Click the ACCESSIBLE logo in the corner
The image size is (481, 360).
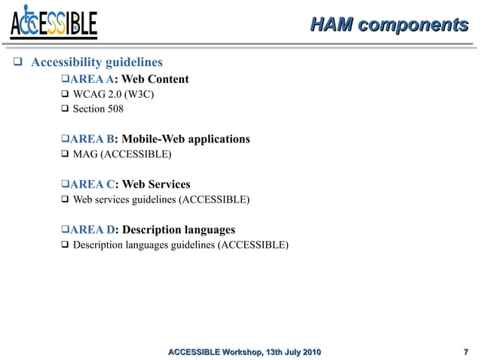[54, 23]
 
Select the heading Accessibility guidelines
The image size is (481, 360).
[97, 62]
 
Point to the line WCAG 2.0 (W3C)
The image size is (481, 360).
[114, 94]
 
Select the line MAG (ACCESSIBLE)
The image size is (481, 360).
[121, 154]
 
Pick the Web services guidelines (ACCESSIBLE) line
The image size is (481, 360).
[161, 200]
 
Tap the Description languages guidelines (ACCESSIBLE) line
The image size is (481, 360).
[180, 245]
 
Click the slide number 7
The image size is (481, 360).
[465, 352]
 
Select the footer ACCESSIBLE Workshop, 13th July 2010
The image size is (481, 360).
[244, 352]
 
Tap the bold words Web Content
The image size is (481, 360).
[155, 79]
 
